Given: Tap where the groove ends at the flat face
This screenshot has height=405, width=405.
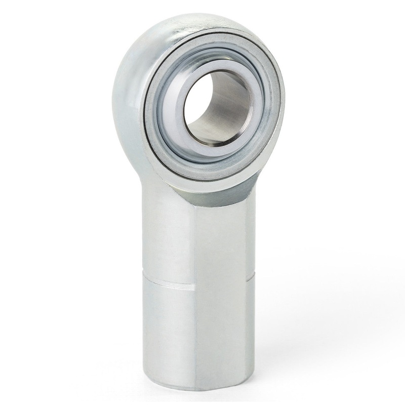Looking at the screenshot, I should coord(195,289).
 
